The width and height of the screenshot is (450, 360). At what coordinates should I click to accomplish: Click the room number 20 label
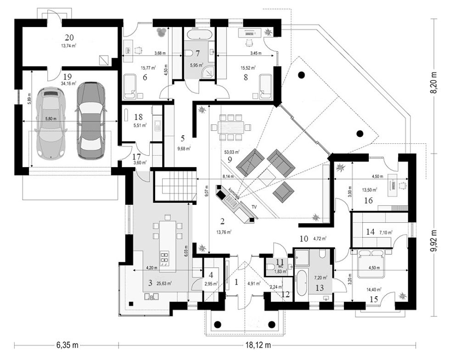[69, 37]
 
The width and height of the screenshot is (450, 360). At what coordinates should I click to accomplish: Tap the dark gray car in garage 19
[91, 120]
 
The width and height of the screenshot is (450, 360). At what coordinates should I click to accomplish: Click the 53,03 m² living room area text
[232, 151]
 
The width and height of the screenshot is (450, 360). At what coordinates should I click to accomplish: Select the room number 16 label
[368, 200]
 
